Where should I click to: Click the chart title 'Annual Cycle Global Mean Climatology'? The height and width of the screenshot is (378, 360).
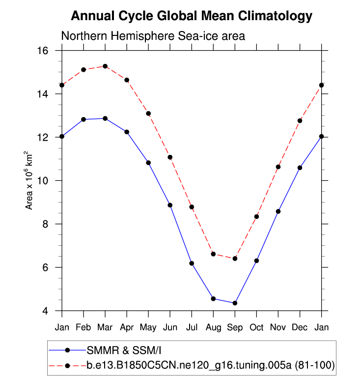coord(192,16)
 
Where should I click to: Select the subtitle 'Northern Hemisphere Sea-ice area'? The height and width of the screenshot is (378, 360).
coord(153,36)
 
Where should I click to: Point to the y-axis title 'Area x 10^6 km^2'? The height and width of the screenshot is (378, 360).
coord(30,180)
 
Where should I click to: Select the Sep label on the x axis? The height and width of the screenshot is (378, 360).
coord(235,327)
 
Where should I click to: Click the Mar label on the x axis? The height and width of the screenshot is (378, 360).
coord(105,327)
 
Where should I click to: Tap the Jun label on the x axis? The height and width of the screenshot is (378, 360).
coord(170,327)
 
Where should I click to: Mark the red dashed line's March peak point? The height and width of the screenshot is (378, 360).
coord(105,66)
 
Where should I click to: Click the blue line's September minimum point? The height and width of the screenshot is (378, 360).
coord(235,303)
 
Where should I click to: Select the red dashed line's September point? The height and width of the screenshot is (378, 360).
coord(235,259)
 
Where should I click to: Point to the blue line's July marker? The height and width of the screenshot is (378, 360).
coord(192,263)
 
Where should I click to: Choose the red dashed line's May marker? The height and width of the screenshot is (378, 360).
coord(148,114)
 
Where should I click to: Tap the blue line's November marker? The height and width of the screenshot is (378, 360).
coord(278,211)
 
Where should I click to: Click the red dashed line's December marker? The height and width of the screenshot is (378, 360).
coord(300,121)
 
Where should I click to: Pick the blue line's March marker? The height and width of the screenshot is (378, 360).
coord(105,118)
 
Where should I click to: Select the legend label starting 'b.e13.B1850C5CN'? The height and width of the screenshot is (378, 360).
coord(211,365)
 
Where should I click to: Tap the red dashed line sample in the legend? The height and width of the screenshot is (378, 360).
coord(68,365)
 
